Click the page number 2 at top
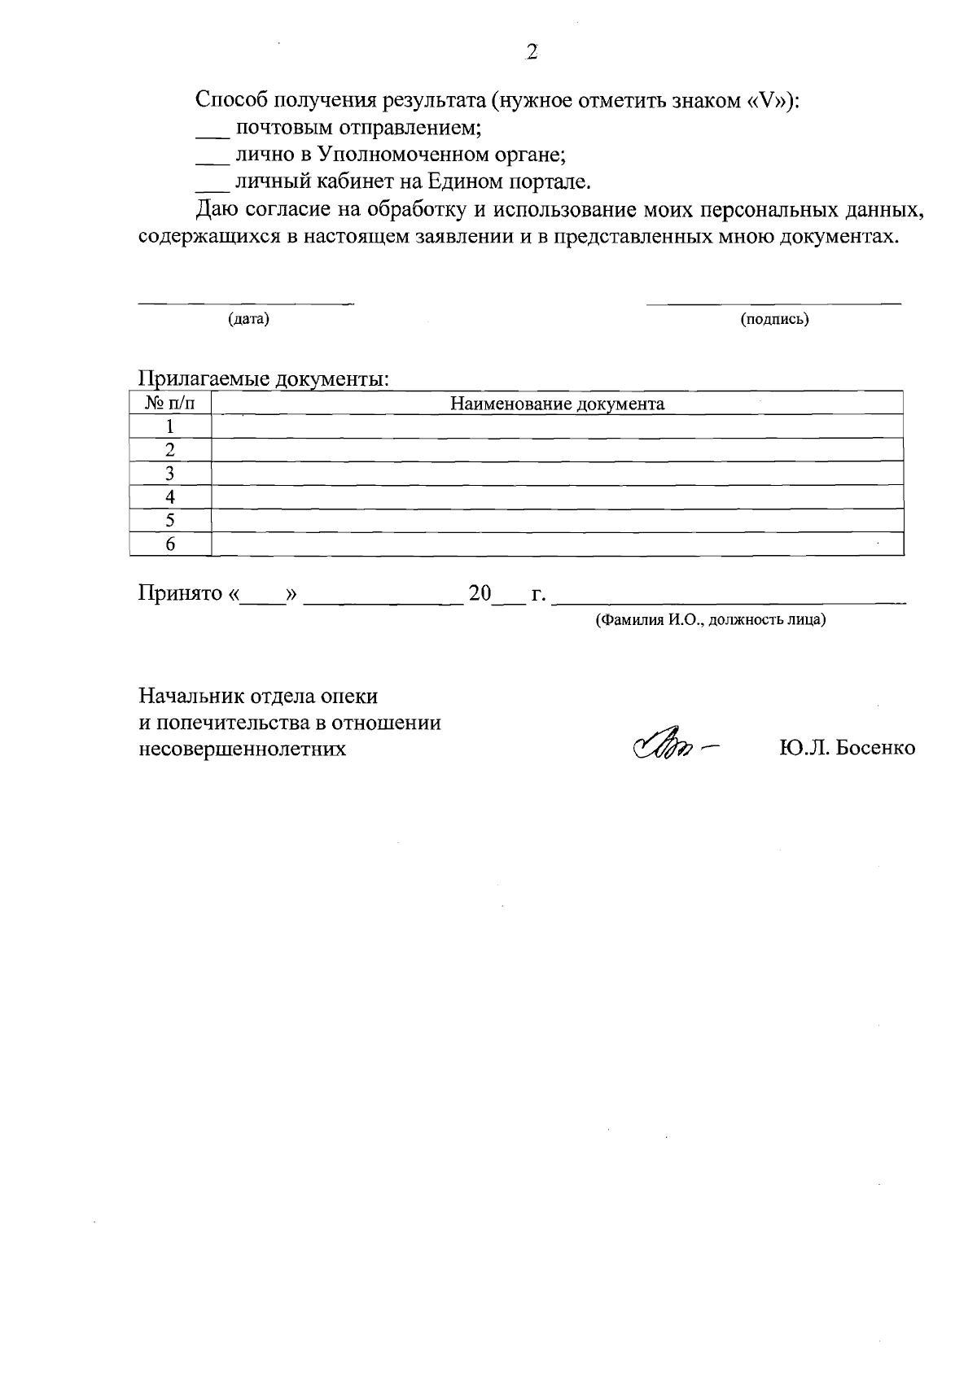click(x=532, y=53)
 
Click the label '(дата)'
click(x=248, y=319)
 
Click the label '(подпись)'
click(x=774, y=319)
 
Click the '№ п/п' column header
click(x=170, y=404)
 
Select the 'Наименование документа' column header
click(x=558, y=404)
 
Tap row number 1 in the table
click(x=170, y=426)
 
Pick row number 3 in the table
click(x=170, y=474)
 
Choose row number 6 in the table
click(x=170, y=544)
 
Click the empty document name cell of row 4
click(x=558, y=497)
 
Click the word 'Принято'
click(x=180, y=593)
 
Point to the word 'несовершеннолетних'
click(x=242, y=749)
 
